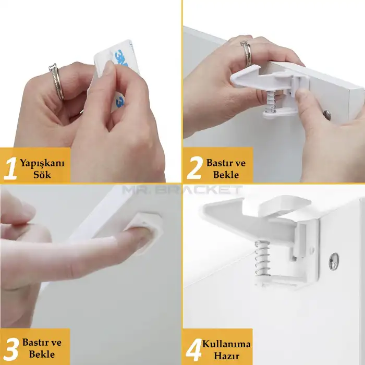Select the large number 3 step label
pyautogui.click(x=11, y=349)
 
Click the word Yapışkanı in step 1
pyautogui.click(x=42, y=163)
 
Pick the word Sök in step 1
pyautogui.click(x=42, y=175)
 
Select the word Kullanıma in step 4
pyautogui.click(x=226, y=344)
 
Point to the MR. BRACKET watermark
pyautogui.click(x=182, y=189)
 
